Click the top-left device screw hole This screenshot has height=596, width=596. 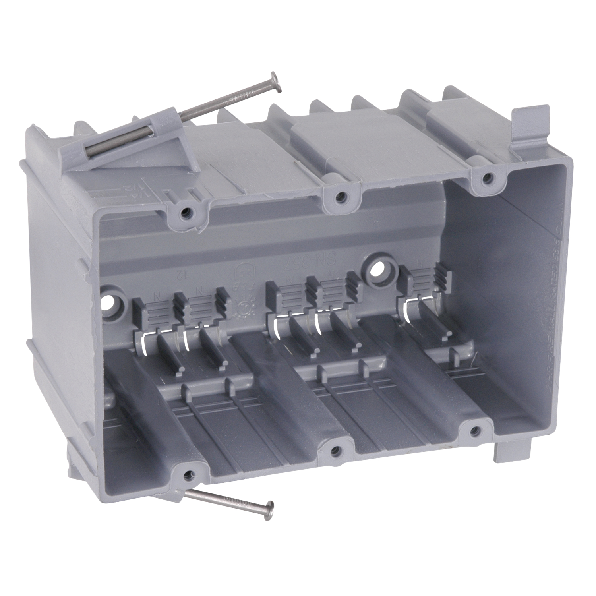click(x=185, y=214)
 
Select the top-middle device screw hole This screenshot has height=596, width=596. click(x=339, y=195)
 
